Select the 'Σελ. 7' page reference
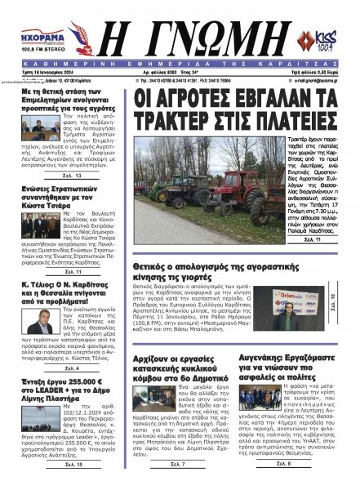pos(179,486)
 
